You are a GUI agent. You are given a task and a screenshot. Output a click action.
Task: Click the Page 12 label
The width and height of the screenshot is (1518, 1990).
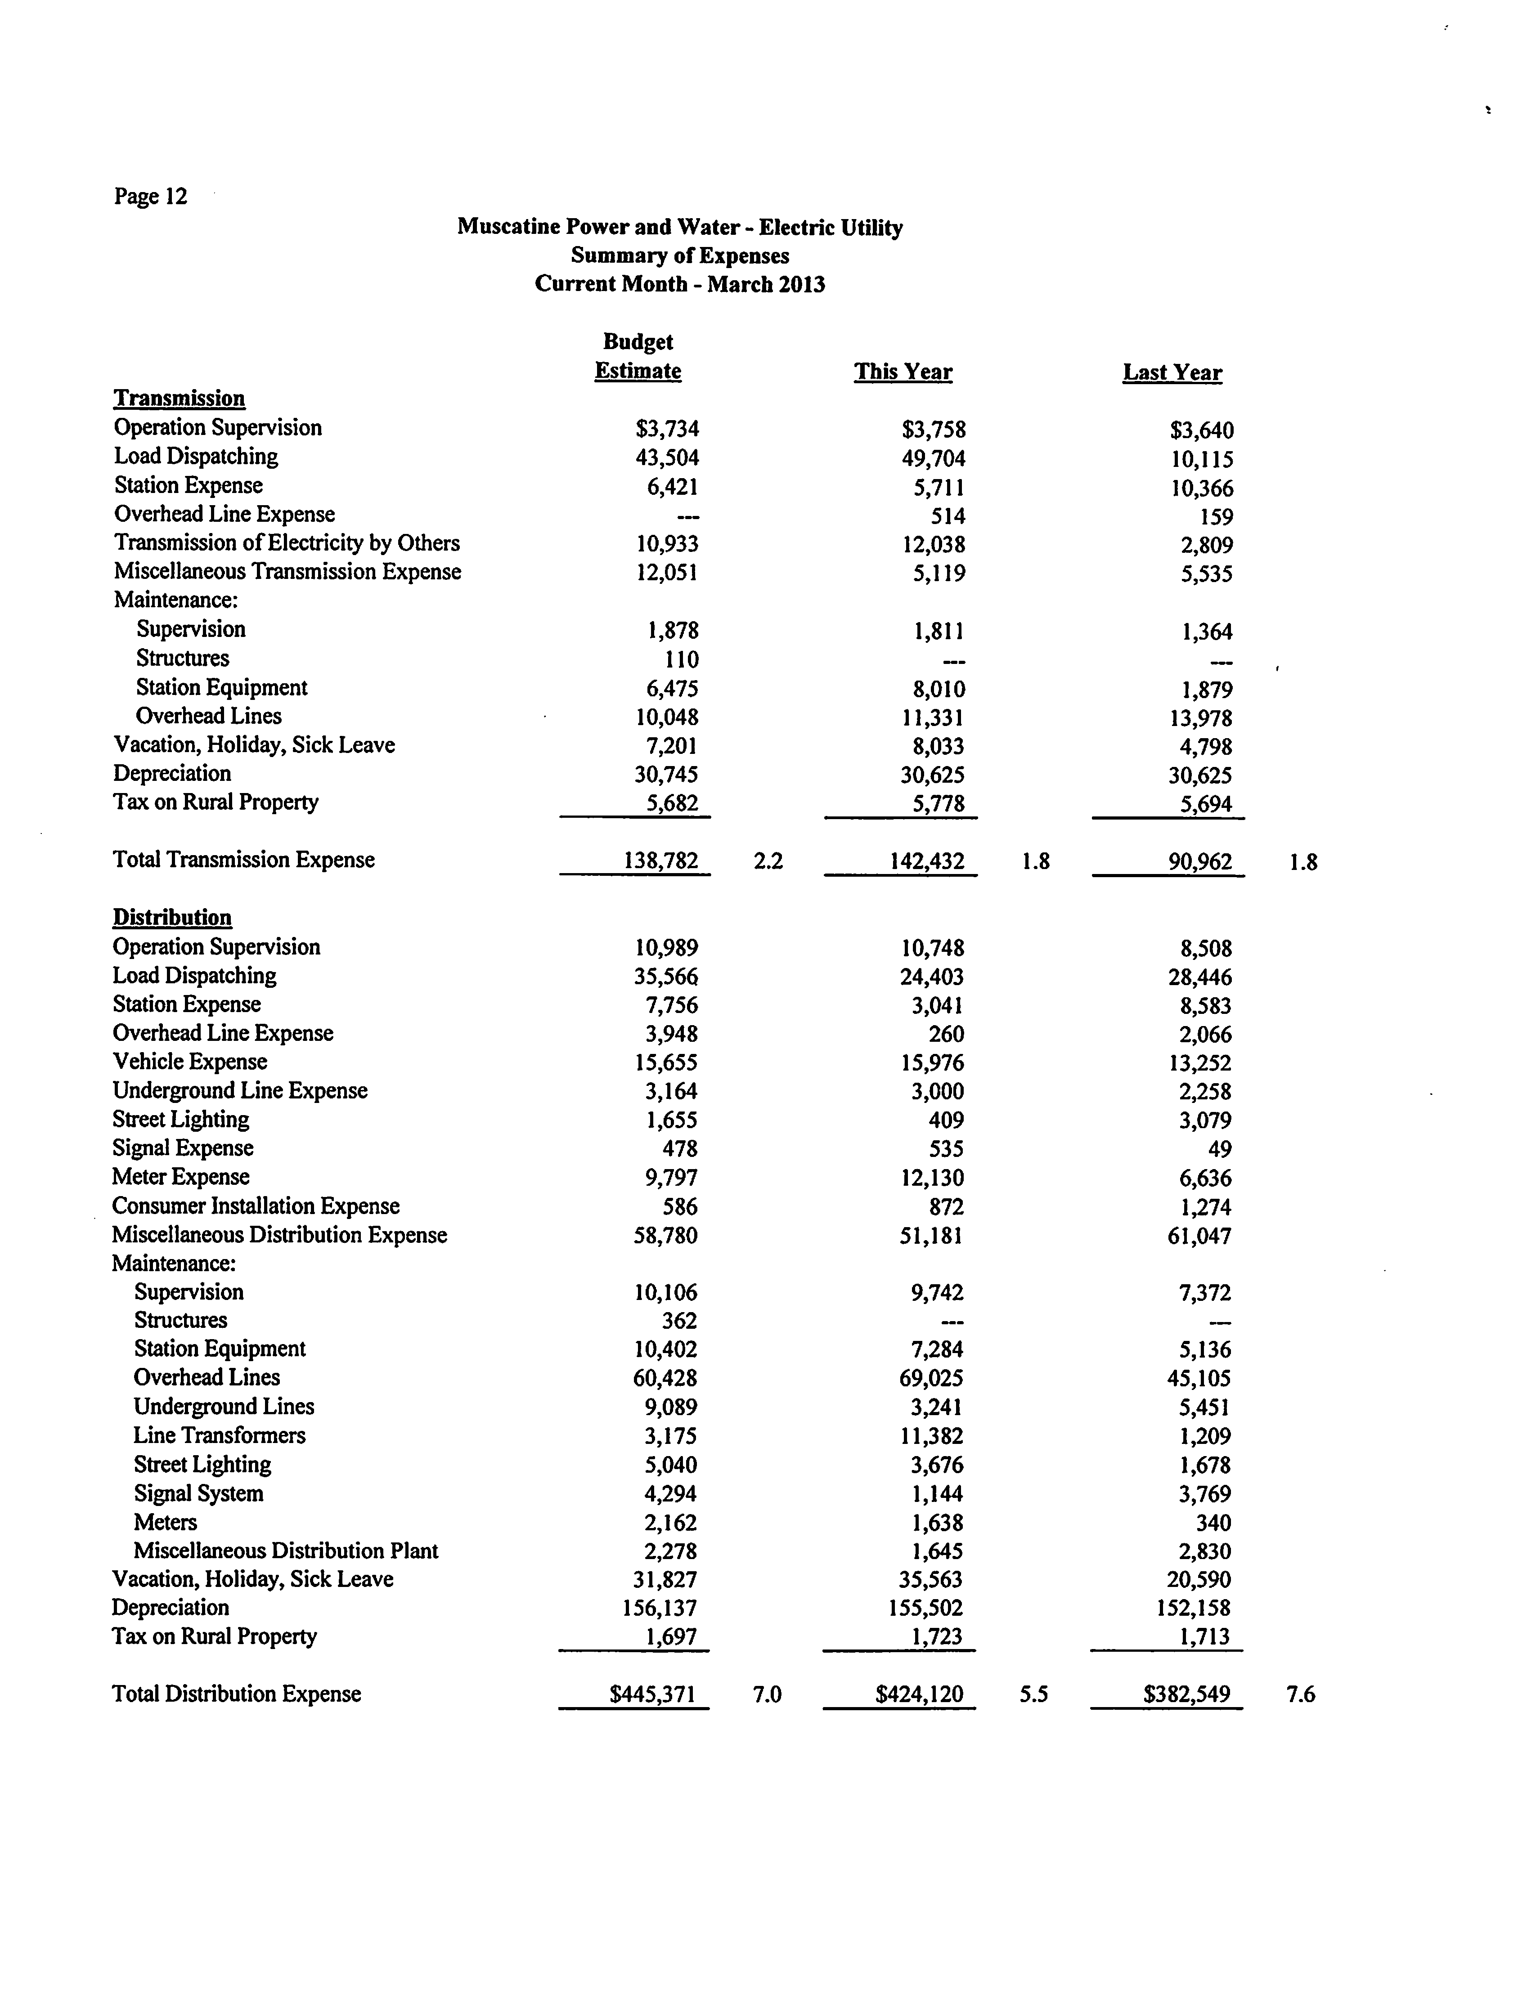150,197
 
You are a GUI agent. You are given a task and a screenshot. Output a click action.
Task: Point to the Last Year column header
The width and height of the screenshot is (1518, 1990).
1172,373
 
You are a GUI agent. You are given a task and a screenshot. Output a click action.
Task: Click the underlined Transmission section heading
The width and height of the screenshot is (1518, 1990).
179,399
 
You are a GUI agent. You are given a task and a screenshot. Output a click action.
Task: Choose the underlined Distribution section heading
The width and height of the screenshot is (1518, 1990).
172,918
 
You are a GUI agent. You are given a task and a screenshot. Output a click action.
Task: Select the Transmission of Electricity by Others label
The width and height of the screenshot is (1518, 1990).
287,543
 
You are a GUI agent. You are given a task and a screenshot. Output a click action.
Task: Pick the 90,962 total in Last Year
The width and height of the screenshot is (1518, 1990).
1200,862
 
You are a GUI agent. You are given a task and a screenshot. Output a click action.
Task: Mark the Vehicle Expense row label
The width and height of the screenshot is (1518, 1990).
190,1062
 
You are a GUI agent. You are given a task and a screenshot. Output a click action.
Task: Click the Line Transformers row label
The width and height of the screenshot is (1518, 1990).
220,1435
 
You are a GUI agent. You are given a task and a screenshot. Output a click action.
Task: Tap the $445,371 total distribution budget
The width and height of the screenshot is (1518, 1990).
652,1694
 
